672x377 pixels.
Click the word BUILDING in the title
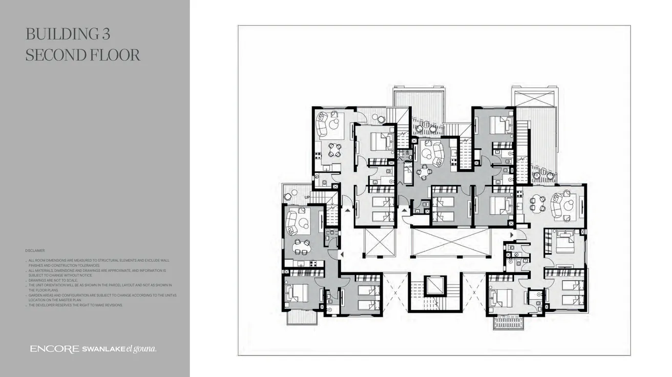57,34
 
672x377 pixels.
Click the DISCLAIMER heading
35,250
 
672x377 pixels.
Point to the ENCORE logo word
53,349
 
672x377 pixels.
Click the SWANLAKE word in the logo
102,349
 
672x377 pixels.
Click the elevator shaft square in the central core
435,286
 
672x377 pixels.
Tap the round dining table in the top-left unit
334,150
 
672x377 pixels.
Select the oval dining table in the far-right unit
537,204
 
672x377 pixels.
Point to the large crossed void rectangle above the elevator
450,242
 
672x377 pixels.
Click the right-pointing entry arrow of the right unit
511,235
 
